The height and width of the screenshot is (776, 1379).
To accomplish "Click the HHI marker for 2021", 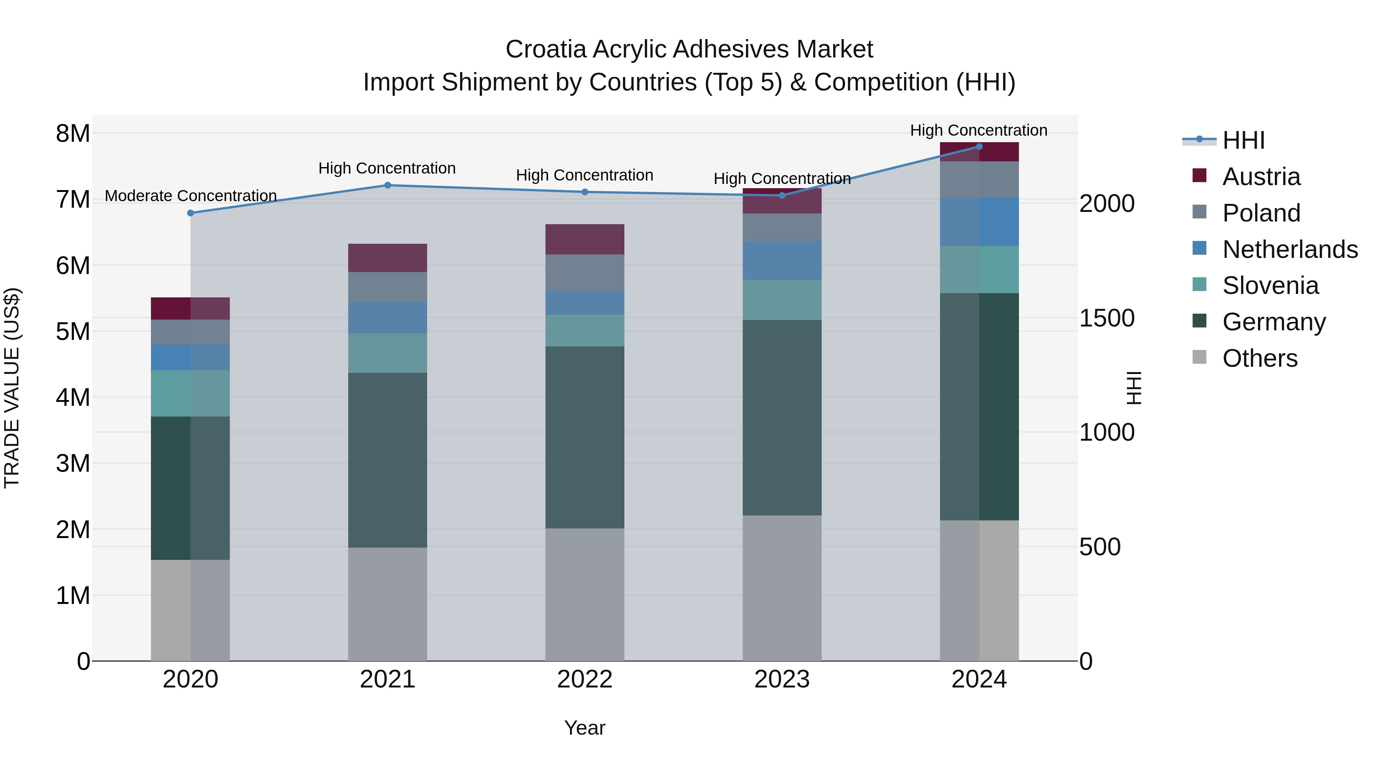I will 388,185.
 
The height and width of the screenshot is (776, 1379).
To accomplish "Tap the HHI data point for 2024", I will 979,146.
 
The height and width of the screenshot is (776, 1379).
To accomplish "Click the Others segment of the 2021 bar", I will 388,604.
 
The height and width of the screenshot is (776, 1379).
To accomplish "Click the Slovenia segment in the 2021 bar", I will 388,353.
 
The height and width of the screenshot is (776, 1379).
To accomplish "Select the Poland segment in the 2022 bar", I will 585,272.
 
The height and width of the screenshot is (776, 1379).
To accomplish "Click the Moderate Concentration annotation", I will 191,196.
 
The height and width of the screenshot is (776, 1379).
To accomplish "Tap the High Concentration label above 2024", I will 979,130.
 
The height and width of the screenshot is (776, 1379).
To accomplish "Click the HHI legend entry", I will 1243,140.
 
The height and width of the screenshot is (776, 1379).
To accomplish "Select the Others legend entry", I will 1259,358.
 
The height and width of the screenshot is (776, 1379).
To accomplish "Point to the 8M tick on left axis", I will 73,133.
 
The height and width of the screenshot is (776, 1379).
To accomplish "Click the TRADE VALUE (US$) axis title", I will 12,388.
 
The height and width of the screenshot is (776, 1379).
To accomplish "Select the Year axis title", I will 585,728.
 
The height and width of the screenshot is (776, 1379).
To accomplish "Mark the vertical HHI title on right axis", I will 1134,388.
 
